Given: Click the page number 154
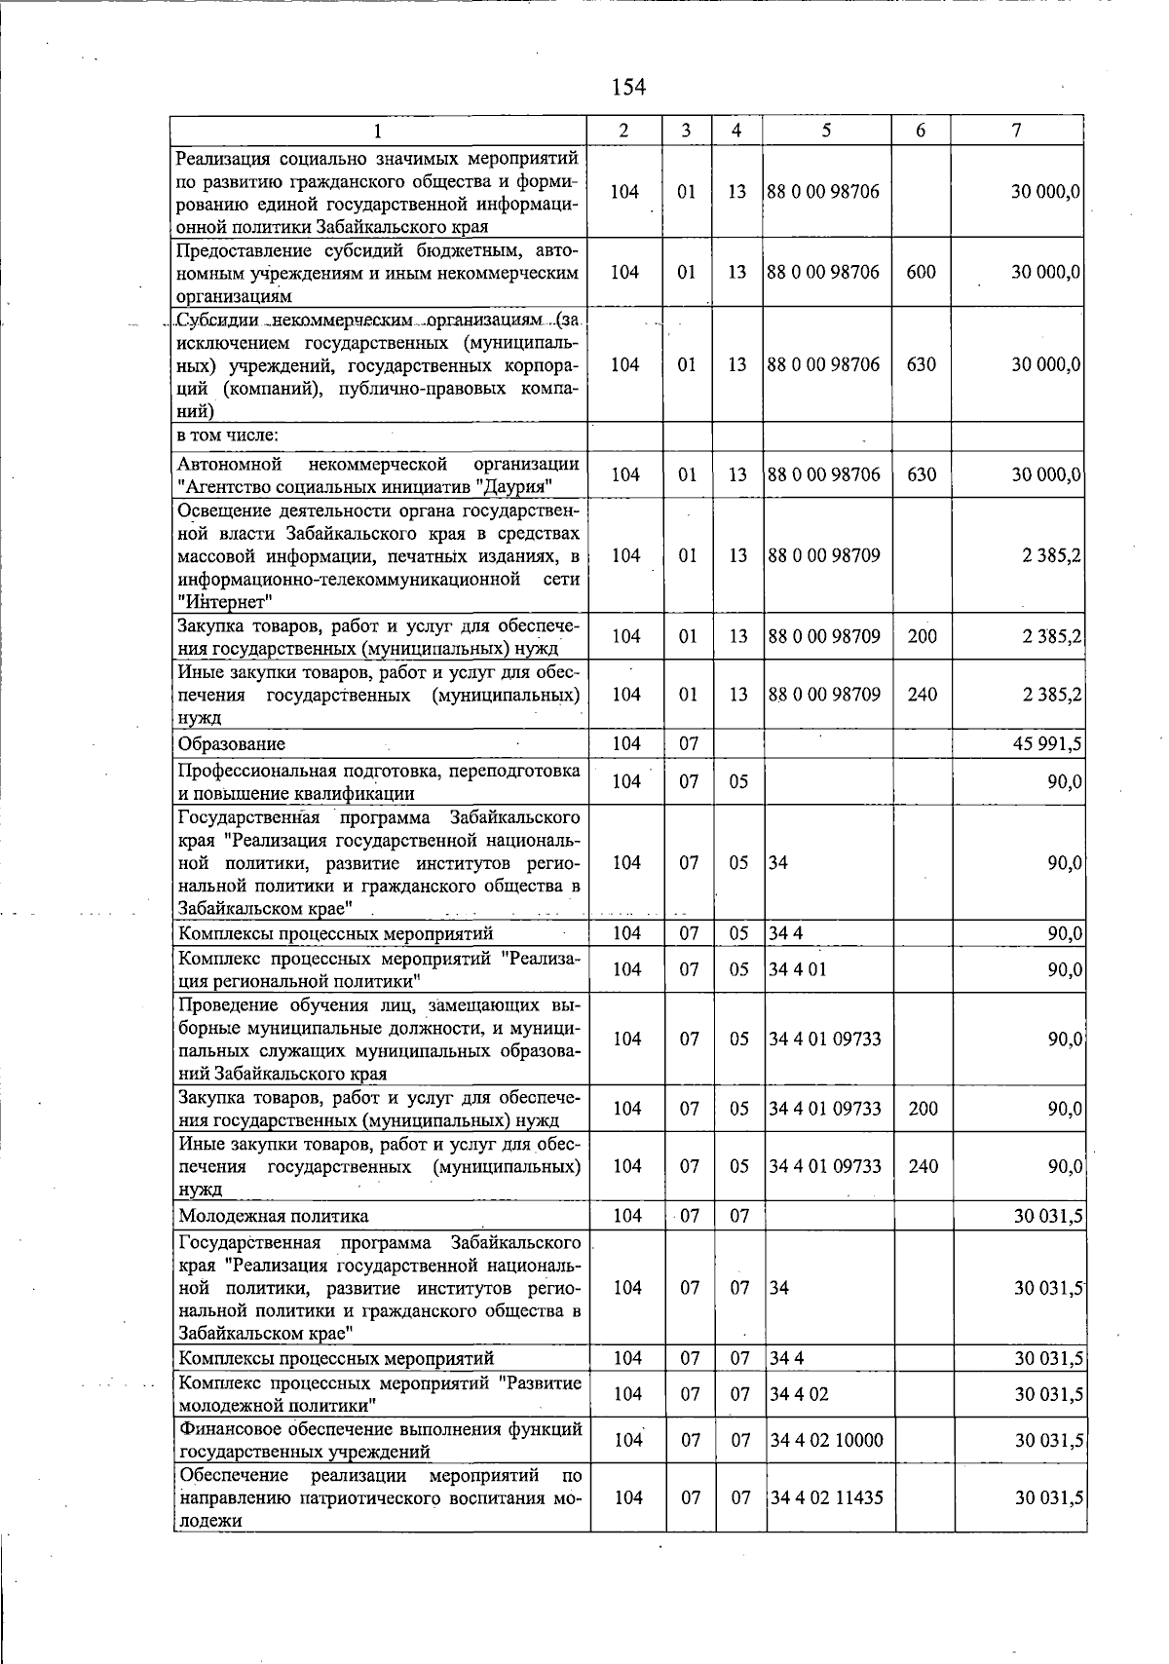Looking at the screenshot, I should (x=628, y=88).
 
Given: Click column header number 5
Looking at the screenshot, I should (x=825, y=131).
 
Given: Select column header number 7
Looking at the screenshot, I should (x=1016, y=131).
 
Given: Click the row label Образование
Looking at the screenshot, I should (x=232, y=744).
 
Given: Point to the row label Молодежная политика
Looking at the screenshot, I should (x=274, y=1216).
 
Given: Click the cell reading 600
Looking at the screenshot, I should (x=921, y=272).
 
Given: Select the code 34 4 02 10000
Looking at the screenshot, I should (x=826, y=1440).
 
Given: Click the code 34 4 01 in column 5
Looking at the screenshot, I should (x=797, y=969).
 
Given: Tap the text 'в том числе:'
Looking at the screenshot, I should (x=228, y=435).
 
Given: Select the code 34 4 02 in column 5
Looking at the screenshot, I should (x=799, y=1394).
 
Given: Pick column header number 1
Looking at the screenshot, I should (x=379, y=131).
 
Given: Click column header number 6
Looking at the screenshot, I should (x=921, y=131).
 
